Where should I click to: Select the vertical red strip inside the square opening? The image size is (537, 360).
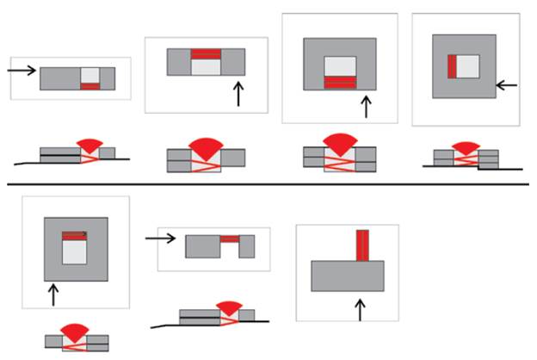tap(451, 65)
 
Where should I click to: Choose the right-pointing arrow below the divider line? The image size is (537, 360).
tap(161, 238)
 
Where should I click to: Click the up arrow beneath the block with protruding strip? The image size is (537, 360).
tap(361, 307)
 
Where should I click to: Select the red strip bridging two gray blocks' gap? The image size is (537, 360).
tap(229, 239)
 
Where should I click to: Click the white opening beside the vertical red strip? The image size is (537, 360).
tap(466, 65)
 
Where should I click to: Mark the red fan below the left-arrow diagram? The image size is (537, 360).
tap(465, 149)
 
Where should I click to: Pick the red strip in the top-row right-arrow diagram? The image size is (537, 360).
tap(90, 86)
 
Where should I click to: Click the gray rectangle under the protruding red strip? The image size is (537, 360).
tap(347, 276)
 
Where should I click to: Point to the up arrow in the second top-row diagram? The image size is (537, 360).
tap(238, 94)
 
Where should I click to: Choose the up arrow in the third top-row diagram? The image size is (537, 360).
tap(366, 107)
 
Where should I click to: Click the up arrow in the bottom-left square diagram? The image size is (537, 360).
tap(54, 295)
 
